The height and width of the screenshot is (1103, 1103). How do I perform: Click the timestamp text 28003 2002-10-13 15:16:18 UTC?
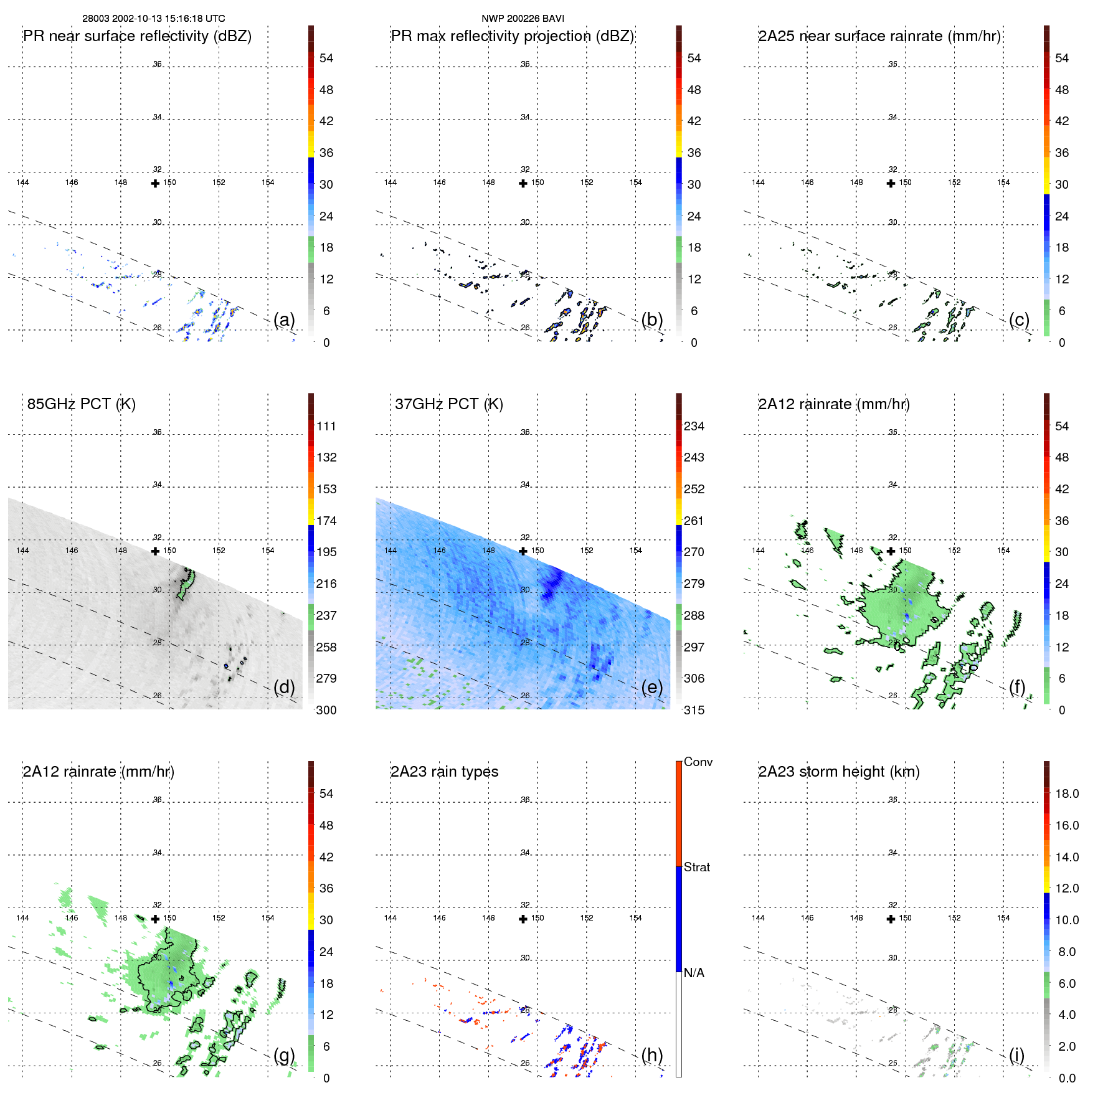tap(154, 19)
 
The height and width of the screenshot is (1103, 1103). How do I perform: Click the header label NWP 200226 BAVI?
tap(523, 19)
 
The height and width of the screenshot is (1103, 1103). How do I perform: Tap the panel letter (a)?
tap(284, 320)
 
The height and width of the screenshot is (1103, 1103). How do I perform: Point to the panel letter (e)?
tap(652, 687)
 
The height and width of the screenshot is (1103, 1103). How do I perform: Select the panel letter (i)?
tap(1016, 1055)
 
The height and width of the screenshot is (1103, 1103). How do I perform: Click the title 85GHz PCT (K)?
tap(82, 404)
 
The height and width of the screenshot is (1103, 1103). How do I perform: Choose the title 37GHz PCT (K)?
tap(449, 404)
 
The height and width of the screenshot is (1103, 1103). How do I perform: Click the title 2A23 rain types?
tap(445, 772)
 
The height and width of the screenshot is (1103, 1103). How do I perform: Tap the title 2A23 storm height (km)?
tap(839, 772)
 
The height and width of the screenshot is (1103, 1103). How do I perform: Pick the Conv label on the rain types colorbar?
tap(698, 762)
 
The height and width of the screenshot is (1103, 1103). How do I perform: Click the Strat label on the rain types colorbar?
tap(697, 868)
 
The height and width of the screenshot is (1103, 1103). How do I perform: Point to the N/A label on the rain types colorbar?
tap(694, 973)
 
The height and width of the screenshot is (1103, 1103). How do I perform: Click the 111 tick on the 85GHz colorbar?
tap(326, 427)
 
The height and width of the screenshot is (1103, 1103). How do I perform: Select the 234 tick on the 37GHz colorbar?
tap(694, 427)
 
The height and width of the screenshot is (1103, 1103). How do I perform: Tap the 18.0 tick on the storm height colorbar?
tap(1067, 794)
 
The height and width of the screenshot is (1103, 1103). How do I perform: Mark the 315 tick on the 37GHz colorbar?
tap(694, 711)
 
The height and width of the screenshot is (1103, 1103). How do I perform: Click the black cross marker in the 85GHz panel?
tap(155, 551)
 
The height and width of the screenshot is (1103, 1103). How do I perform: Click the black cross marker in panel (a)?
tap(155, 184)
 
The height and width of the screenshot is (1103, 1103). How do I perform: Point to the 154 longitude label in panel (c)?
tap(1003, 182)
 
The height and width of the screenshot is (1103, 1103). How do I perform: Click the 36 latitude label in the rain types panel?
tap(525, 800)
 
